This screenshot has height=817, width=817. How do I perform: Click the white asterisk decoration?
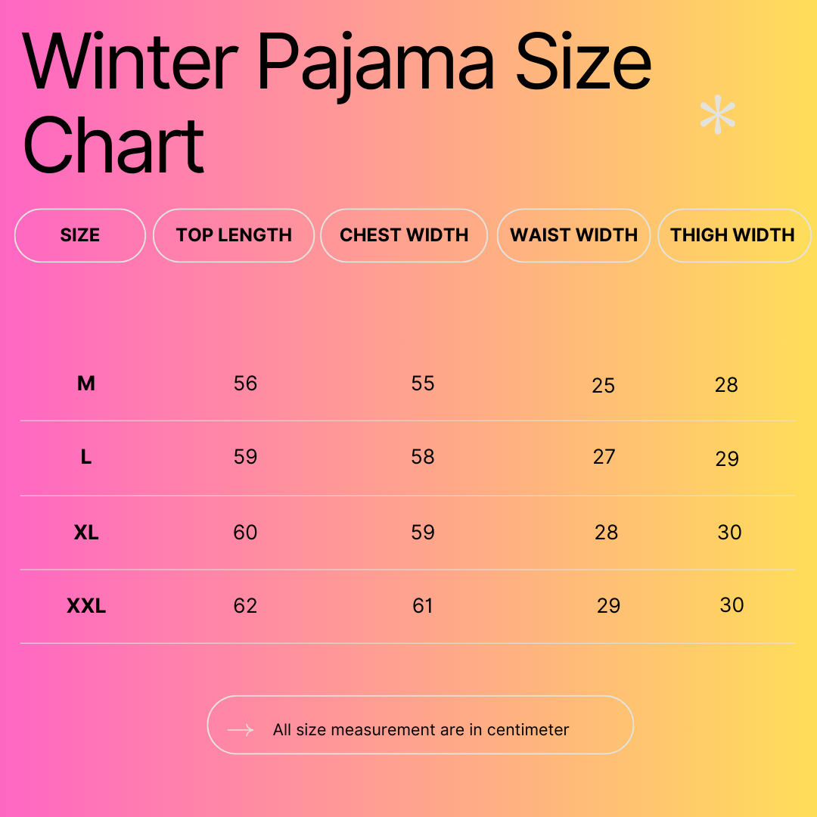coord(717,116)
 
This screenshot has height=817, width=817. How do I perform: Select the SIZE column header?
coord(80,235)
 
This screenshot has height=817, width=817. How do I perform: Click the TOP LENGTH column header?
coord(234,235)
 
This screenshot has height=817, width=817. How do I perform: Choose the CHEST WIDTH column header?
coord(404,235)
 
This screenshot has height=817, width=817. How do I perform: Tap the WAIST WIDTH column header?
coord(574,235)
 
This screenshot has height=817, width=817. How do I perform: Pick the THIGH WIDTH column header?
coord(732,235)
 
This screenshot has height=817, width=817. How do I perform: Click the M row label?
coord(86,384)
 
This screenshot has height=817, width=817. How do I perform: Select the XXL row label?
coord(86,606)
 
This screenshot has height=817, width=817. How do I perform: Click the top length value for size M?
coord(245,384)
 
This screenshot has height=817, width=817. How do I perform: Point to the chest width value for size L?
coord(423,457)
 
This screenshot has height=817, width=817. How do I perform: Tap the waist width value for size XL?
coord(606,533)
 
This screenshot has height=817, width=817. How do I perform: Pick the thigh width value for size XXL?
coord(732,605)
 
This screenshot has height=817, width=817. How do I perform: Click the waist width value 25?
coord(603,386)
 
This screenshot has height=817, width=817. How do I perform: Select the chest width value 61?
coord(423,606)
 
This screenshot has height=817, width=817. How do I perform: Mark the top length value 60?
coord(245,533)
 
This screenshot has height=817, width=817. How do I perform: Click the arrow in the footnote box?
coord(241,730)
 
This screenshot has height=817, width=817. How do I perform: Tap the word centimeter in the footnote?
coord(528,730)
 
